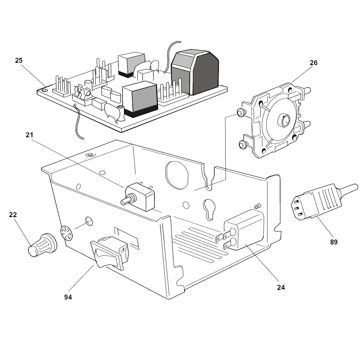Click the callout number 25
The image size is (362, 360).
[x=19, y=60]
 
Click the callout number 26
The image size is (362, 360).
[x=314, y=63]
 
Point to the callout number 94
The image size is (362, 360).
[x=68, y=297]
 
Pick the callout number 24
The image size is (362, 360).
[x=281, y=287]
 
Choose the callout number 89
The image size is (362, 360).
[x=334, y=242]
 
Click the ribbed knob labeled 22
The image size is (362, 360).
[x=40, y=246]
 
